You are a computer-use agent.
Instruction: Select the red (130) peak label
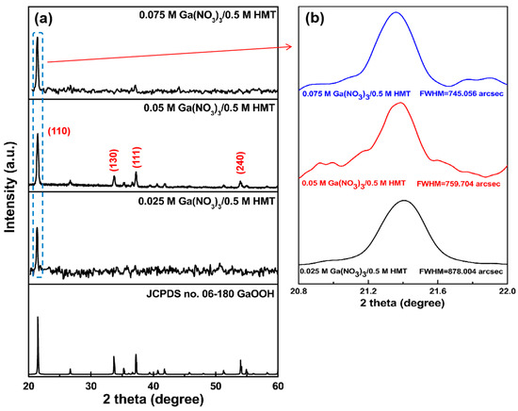pos(113,161)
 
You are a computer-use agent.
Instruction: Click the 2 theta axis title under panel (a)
pos(153,401)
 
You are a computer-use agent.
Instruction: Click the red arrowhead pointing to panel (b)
pos(292,44)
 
